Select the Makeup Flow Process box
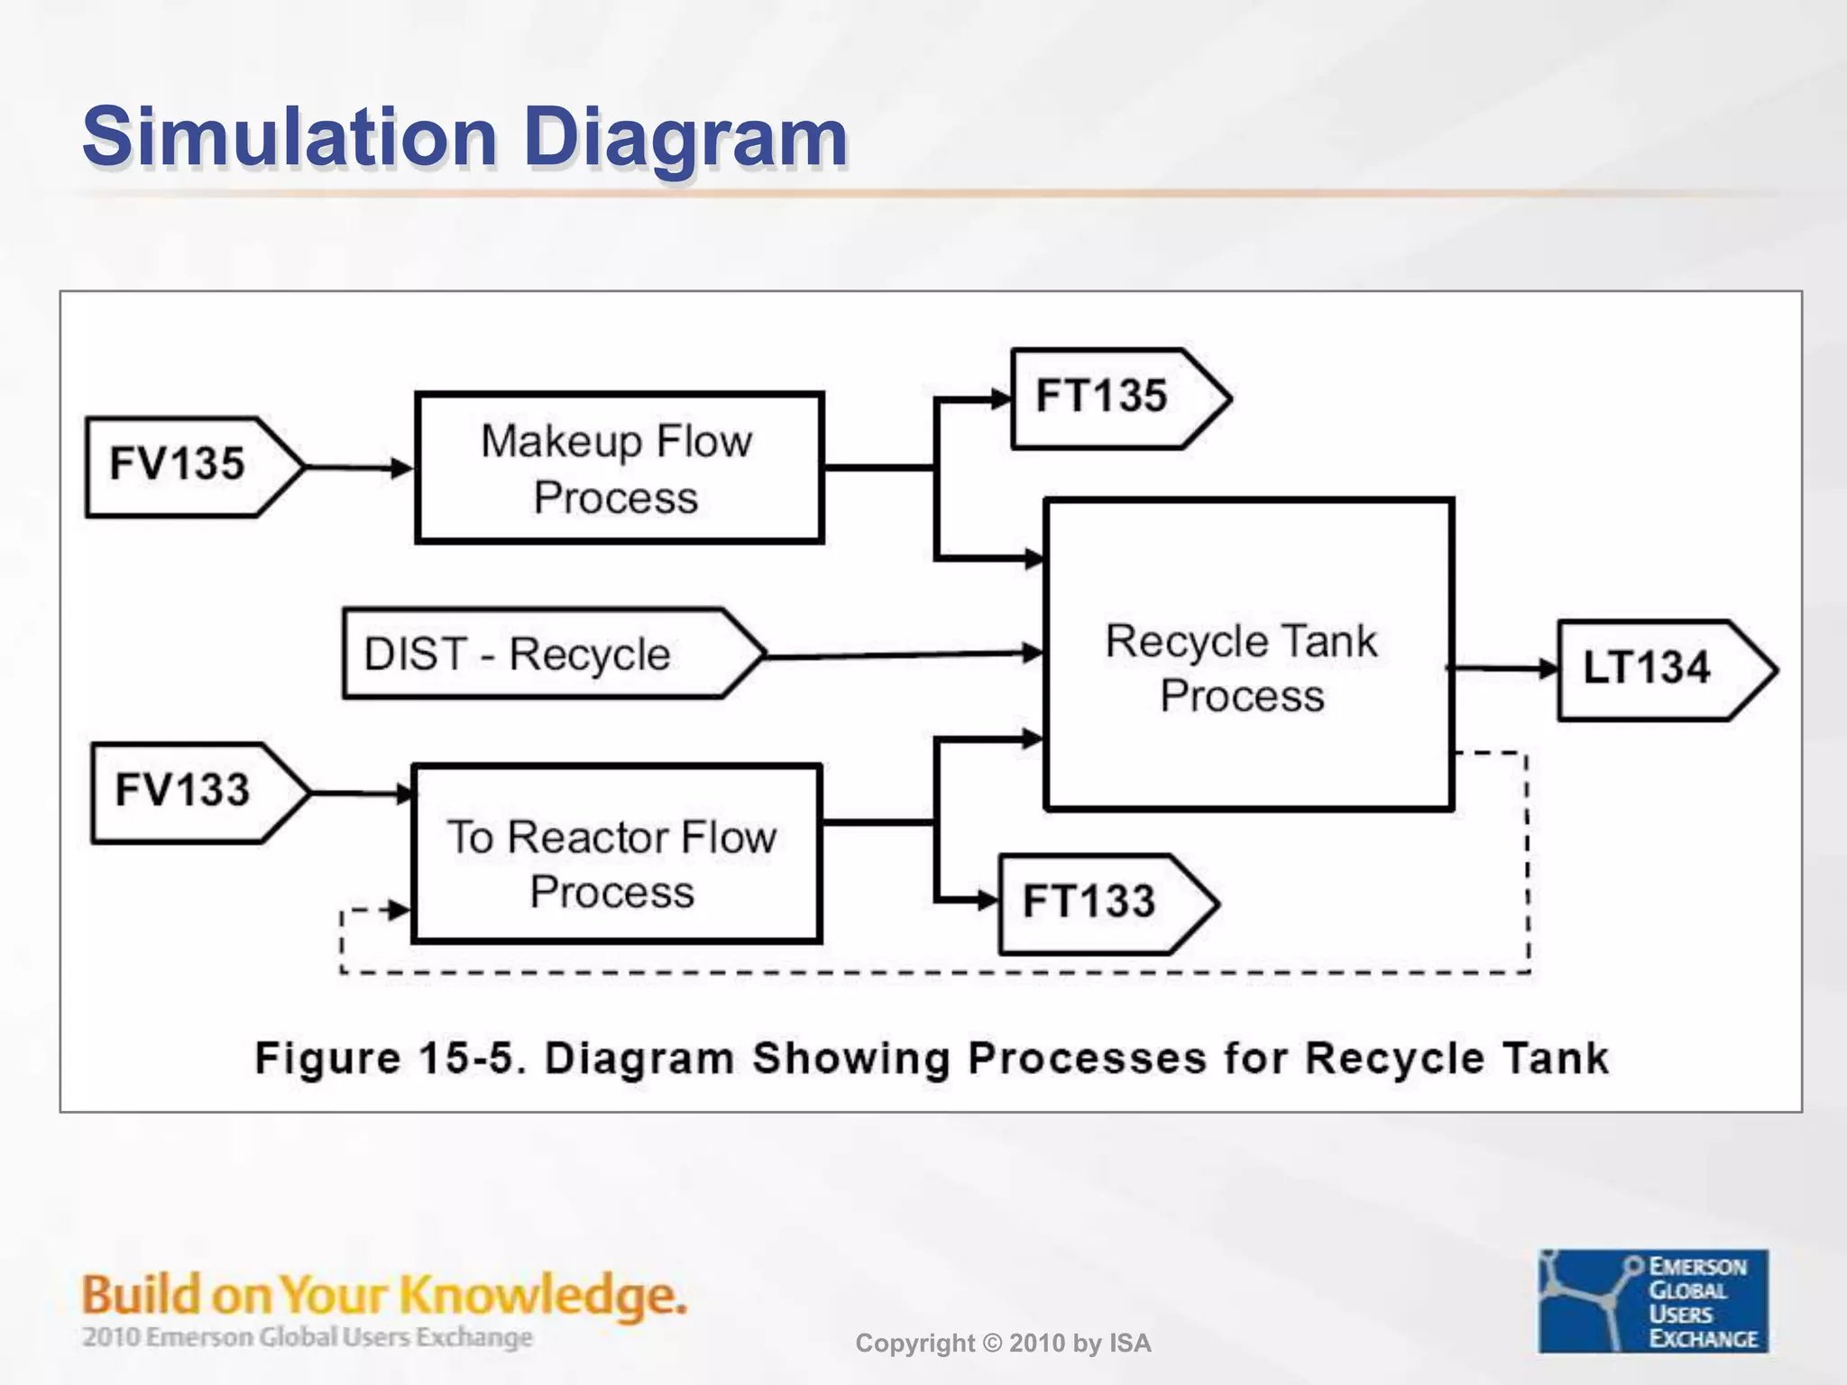coord(619,468)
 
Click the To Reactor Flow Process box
coord(616,854)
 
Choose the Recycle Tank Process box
coord(1248,655)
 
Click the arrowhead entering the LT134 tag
coord(1548,669)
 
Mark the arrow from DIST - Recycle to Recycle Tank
coord(902,655)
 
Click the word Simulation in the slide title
coord(289,137)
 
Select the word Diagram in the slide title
coord(685,137)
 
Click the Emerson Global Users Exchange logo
coord(1652,1301)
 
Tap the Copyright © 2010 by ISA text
coord(1003,1344)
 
